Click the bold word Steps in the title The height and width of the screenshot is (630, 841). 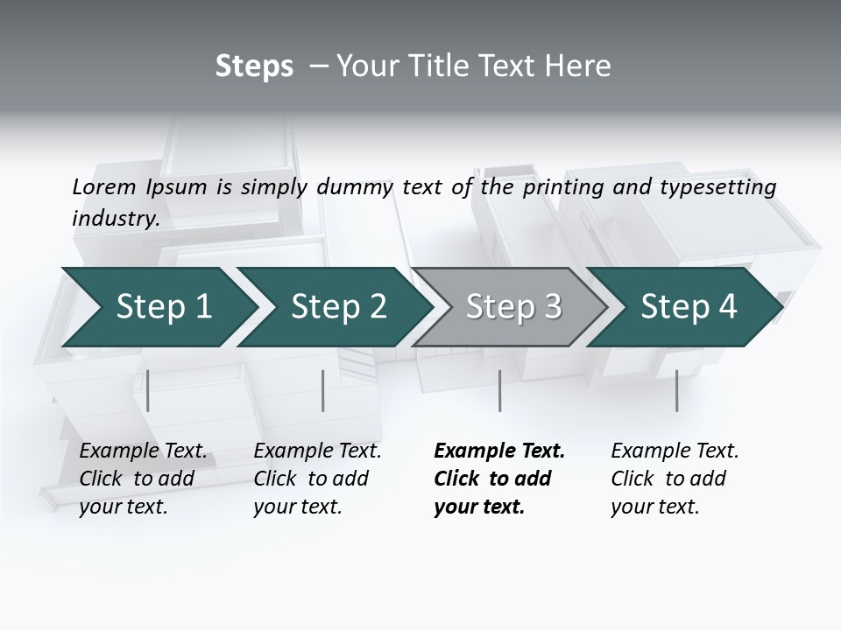[254, 66]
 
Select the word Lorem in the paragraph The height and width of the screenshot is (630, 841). [104, 187]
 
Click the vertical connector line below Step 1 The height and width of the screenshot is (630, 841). [148, 390]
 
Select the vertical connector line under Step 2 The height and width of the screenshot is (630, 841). [323, 390]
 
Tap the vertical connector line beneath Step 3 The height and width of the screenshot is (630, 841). [499, 390]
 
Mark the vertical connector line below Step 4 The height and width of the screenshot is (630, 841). [676, 390]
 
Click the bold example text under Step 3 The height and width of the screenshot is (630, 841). [498, 479]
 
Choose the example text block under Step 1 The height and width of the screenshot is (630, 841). [143, 479]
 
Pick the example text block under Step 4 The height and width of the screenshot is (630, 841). [675, 479]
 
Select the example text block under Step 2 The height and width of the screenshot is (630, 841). [317, 479]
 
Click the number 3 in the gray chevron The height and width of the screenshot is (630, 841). [551, 307]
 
